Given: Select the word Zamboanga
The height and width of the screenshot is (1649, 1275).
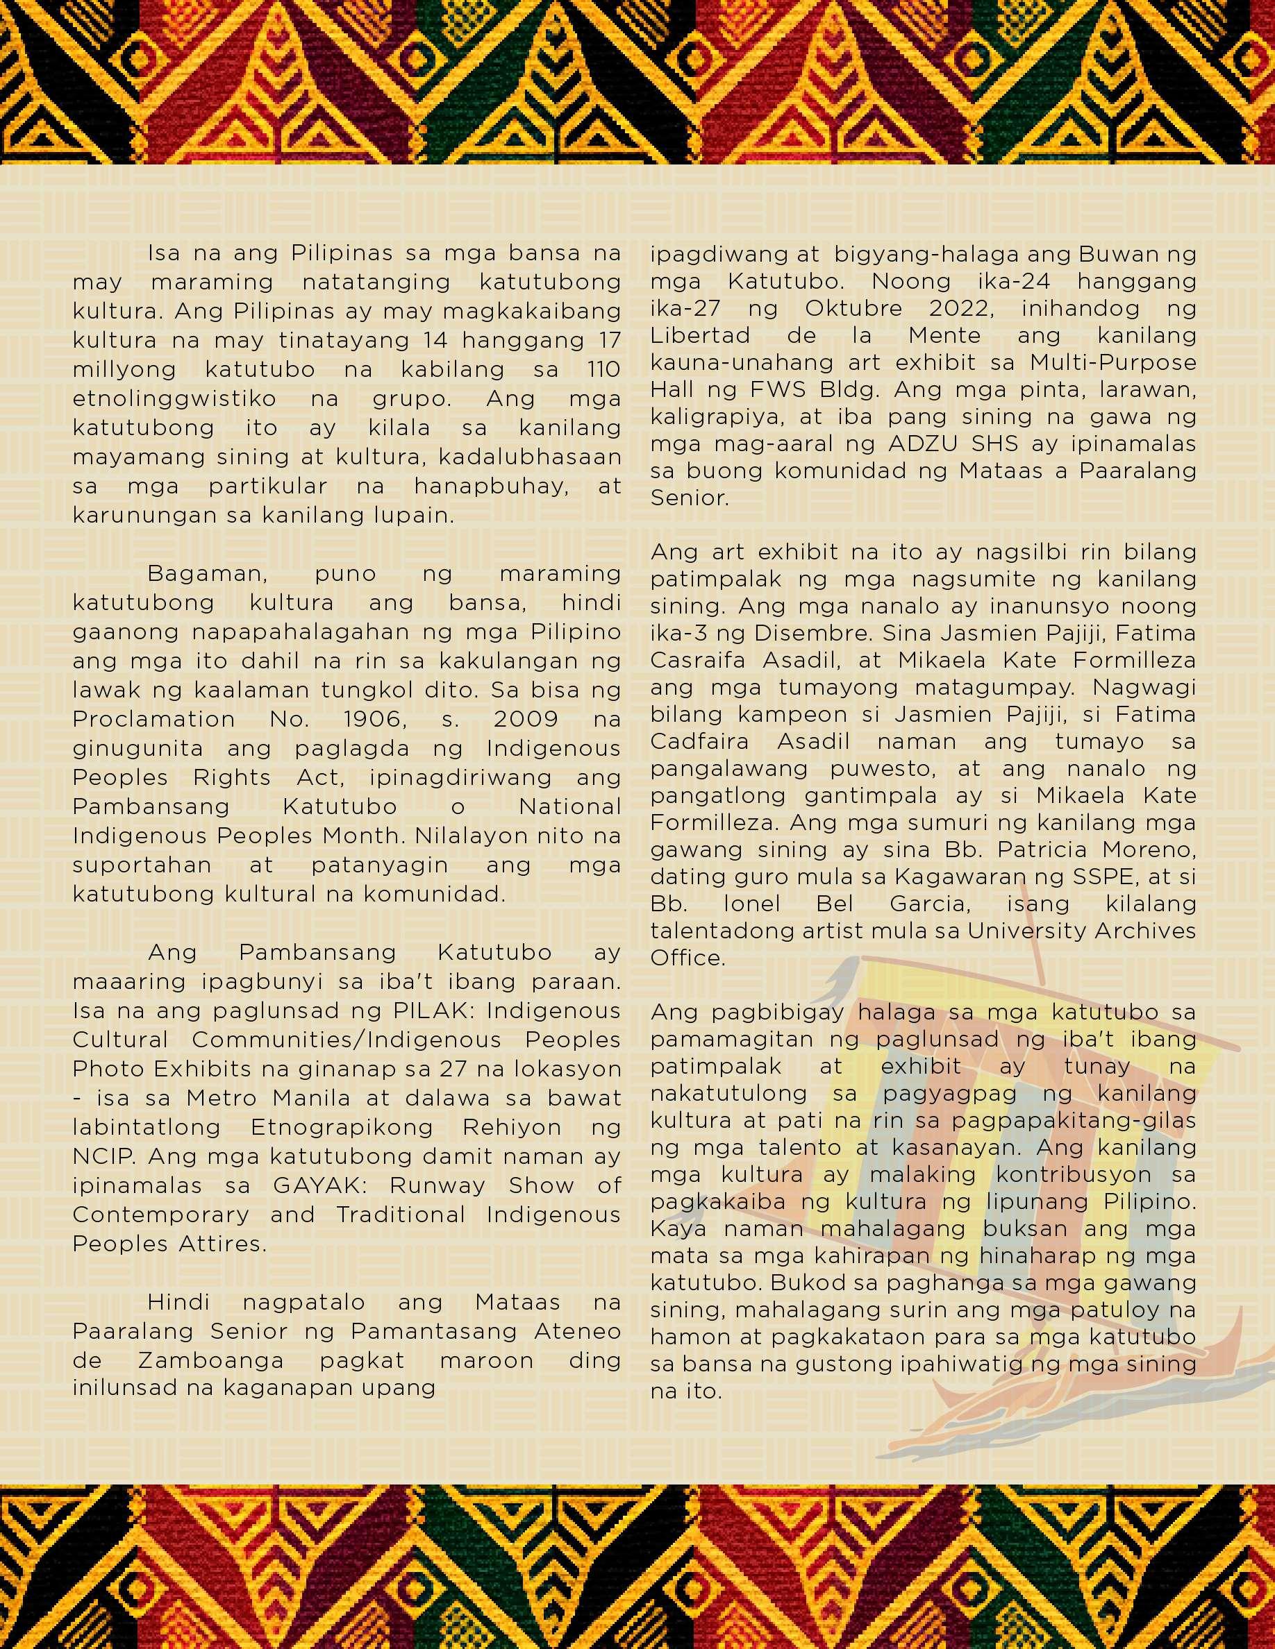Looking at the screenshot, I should (x=210, y=1360).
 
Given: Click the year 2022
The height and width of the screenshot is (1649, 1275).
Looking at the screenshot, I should (x=959, y=309).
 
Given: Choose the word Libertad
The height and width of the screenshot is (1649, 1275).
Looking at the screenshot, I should (x=700, y=335).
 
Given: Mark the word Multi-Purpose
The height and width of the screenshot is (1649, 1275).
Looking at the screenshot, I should (x=1113, y=362).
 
